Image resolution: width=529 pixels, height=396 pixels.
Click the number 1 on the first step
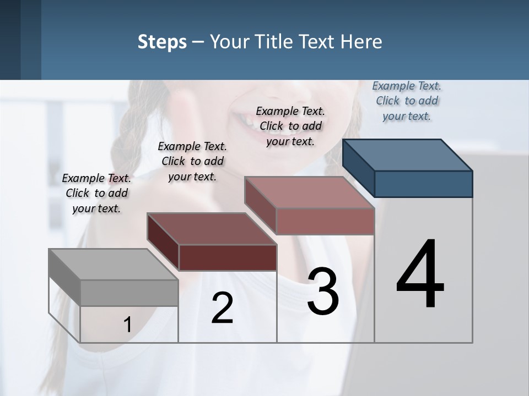(128, 325)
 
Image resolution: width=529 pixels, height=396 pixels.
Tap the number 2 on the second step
(222, 308)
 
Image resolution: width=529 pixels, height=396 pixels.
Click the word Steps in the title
(162, 42)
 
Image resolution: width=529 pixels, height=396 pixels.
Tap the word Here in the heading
(361, 42)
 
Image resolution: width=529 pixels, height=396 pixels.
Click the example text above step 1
(97, 193)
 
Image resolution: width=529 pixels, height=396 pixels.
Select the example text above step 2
(192, 161)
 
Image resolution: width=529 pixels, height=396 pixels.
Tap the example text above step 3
(290, 126)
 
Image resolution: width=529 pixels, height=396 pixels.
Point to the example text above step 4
(407, 101)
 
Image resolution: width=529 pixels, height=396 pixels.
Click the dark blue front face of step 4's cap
(423, 184)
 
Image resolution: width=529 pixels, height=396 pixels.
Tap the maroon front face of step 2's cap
(228, 257)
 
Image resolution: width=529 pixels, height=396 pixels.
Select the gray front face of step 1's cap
(129, 293)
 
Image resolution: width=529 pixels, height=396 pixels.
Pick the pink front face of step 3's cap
(325, 221)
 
